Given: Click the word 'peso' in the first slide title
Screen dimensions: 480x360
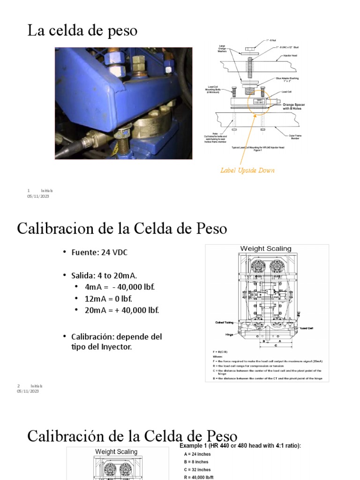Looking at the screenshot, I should pyautogui.click(x=121, y=32).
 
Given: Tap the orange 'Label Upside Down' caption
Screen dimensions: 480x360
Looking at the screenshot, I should pyautogui.click(x=247, y=170).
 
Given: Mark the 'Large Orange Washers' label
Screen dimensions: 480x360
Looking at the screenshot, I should pyautogui.click(x=222, y=48).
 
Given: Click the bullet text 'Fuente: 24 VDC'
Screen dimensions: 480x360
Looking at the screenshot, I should pyautogui.click(x=99, y=252).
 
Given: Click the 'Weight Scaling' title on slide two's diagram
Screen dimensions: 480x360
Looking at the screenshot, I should pyautogui.click(x=266, y=249).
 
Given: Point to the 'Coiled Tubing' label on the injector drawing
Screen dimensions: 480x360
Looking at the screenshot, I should pyautogui.click(x=224, y=322).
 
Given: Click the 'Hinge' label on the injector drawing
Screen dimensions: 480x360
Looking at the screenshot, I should pyautogui.click(x=229, y=335).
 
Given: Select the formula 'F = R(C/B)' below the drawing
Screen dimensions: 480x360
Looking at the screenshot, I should pyautogui.click(x=221, y=352).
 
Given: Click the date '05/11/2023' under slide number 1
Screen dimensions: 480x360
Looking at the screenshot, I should pyautogui.click(x=38, y=196).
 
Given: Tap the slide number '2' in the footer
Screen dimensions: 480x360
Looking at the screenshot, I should pyautogui.click(x=19, y=386).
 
